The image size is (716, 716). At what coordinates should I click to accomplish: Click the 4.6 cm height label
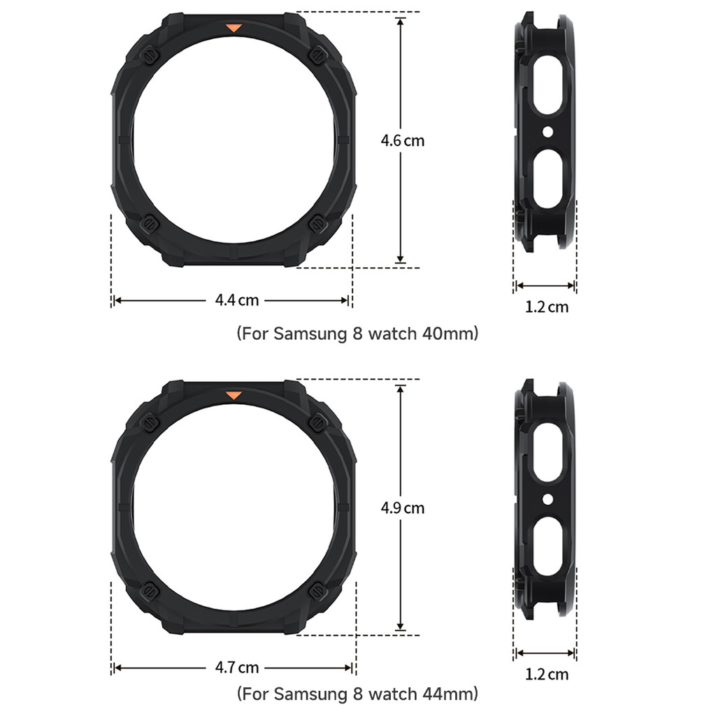[402, 141]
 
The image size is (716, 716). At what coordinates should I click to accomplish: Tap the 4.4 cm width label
[236, 300]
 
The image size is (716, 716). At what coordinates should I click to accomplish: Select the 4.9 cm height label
[402, 508]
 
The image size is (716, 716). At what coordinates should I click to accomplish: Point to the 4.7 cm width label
[236, 668]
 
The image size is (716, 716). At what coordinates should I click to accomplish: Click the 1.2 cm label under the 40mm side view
[547, 307]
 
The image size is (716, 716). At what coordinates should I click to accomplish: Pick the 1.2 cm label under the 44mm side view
[547, 674]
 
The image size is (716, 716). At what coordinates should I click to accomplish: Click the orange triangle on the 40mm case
[234, 28]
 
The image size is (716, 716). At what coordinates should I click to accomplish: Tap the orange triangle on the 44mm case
[234, 396]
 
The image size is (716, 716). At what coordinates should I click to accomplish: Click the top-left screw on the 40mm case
[150, 56]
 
